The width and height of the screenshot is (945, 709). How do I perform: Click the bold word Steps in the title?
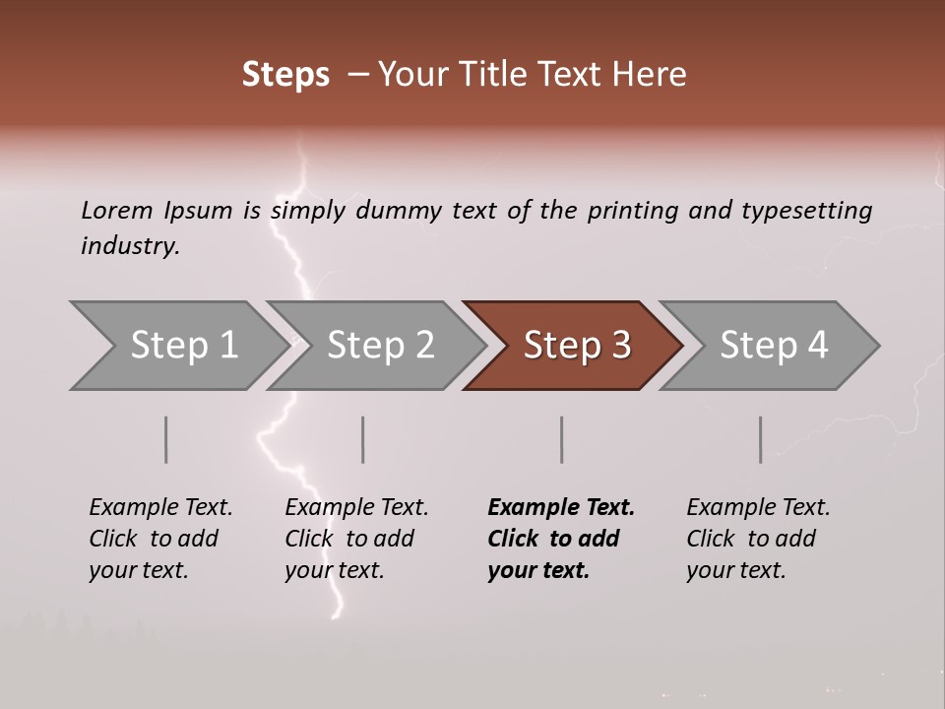click(285, 75)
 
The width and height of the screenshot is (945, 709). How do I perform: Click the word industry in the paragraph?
click(130, 245)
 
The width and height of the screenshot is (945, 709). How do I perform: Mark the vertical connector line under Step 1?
click(166, 439)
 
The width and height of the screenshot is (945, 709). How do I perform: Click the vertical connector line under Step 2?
click(363, 439)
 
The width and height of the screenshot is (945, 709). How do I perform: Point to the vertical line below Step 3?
click(561, 439)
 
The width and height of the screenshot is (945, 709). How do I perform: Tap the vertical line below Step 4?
click(760, 439)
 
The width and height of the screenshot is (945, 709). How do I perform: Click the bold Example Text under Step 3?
click(561, 508)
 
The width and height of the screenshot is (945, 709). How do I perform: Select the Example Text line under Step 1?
click(160, 508)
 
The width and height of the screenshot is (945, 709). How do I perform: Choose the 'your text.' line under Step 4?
click(735, 570)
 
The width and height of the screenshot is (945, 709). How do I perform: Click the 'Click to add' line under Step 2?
click(349, 539)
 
